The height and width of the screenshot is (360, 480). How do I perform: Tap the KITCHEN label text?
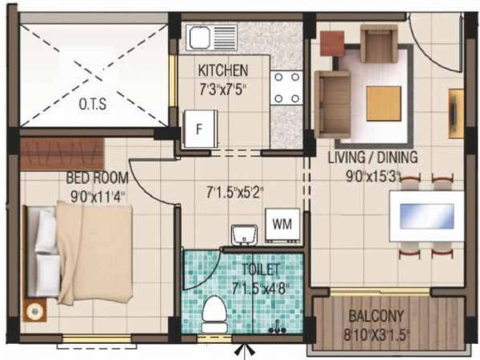[x=222, y=70]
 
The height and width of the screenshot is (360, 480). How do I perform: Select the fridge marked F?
[x=200, y=127]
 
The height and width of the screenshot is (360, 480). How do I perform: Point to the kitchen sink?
[x=206, y=38]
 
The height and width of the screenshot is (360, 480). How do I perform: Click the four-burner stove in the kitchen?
[x=286, y=89]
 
